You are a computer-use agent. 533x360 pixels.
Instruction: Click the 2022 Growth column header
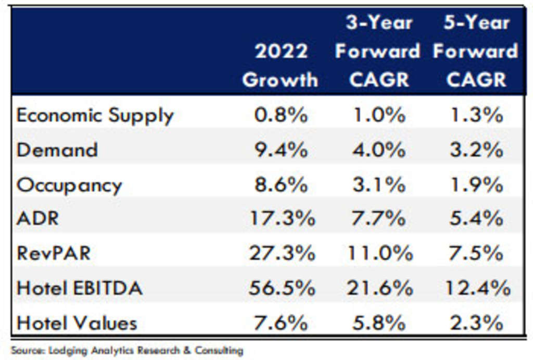pos(280,66)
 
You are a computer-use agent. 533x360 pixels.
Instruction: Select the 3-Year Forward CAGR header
pos(377,51)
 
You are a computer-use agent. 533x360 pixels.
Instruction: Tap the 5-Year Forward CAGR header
pos(475,51)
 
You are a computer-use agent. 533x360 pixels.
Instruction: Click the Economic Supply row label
pos(95,115)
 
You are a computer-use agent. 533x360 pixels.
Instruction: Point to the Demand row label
pos(57,150)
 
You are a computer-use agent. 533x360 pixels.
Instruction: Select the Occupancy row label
pos(69,185)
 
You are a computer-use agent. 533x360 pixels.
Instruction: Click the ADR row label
pos(37,218)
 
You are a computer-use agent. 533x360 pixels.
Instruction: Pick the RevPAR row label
pos(54,253)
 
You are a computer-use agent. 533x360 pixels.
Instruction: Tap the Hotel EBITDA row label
pos(80,288)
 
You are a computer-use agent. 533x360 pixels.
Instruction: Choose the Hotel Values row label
pos(77,323)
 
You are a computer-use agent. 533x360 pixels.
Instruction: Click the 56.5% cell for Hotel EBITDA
pos(281,288)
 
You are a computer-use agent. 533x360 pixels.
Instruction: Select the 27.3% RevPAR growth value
pos(281,253)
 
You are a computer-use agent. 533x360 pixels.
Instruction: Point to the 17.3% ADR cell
pos(281,218)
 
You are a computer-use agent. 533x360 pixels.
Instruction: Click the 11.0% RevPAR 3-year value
pos(379,253)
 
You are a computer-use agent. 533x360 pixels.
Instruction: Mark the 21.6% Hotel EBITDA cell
pos(379,288)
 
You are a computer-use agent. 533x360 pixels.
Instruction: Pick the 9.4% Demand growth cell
pos(281,150)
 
